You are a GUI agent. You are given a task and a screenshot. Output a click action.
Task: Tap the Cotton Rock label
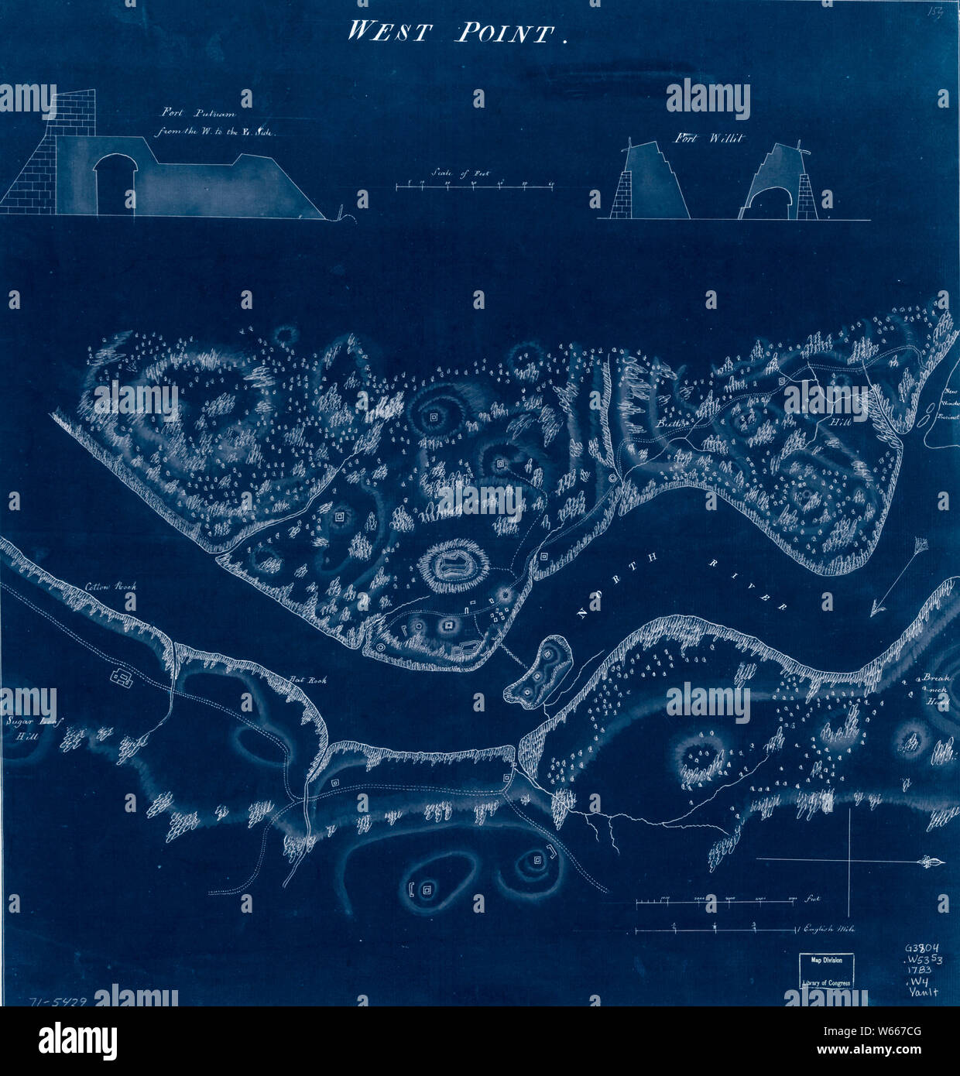111,587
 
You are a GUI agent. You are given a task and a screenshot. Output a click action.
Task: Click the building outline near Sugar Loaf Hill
122,678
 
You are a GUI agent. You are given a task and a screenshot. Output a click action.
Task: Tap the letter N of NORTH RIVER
582,614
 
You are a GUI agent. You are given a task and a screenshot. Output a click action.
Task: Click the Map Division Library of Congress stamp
827,971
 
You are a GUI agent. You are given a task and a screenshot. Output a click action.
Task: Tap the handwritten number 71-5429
57,1001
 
